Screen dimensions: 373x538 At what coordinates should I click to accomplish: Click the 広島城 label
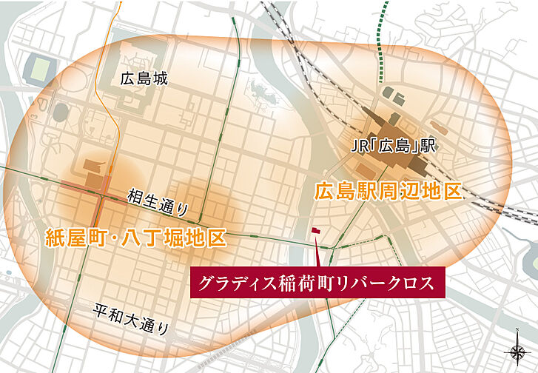(145, 78)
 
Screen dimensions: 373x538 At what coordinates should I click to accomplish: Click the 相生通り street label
(157, 198)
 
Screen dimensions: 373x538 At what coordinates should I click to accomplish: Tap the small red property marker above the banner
(316, 231)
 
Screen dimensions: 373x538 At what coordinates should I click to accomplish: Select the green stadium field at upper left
(39, 69)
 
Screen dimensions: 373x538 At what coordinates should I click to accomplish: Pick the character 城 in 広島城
(161, 78)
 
